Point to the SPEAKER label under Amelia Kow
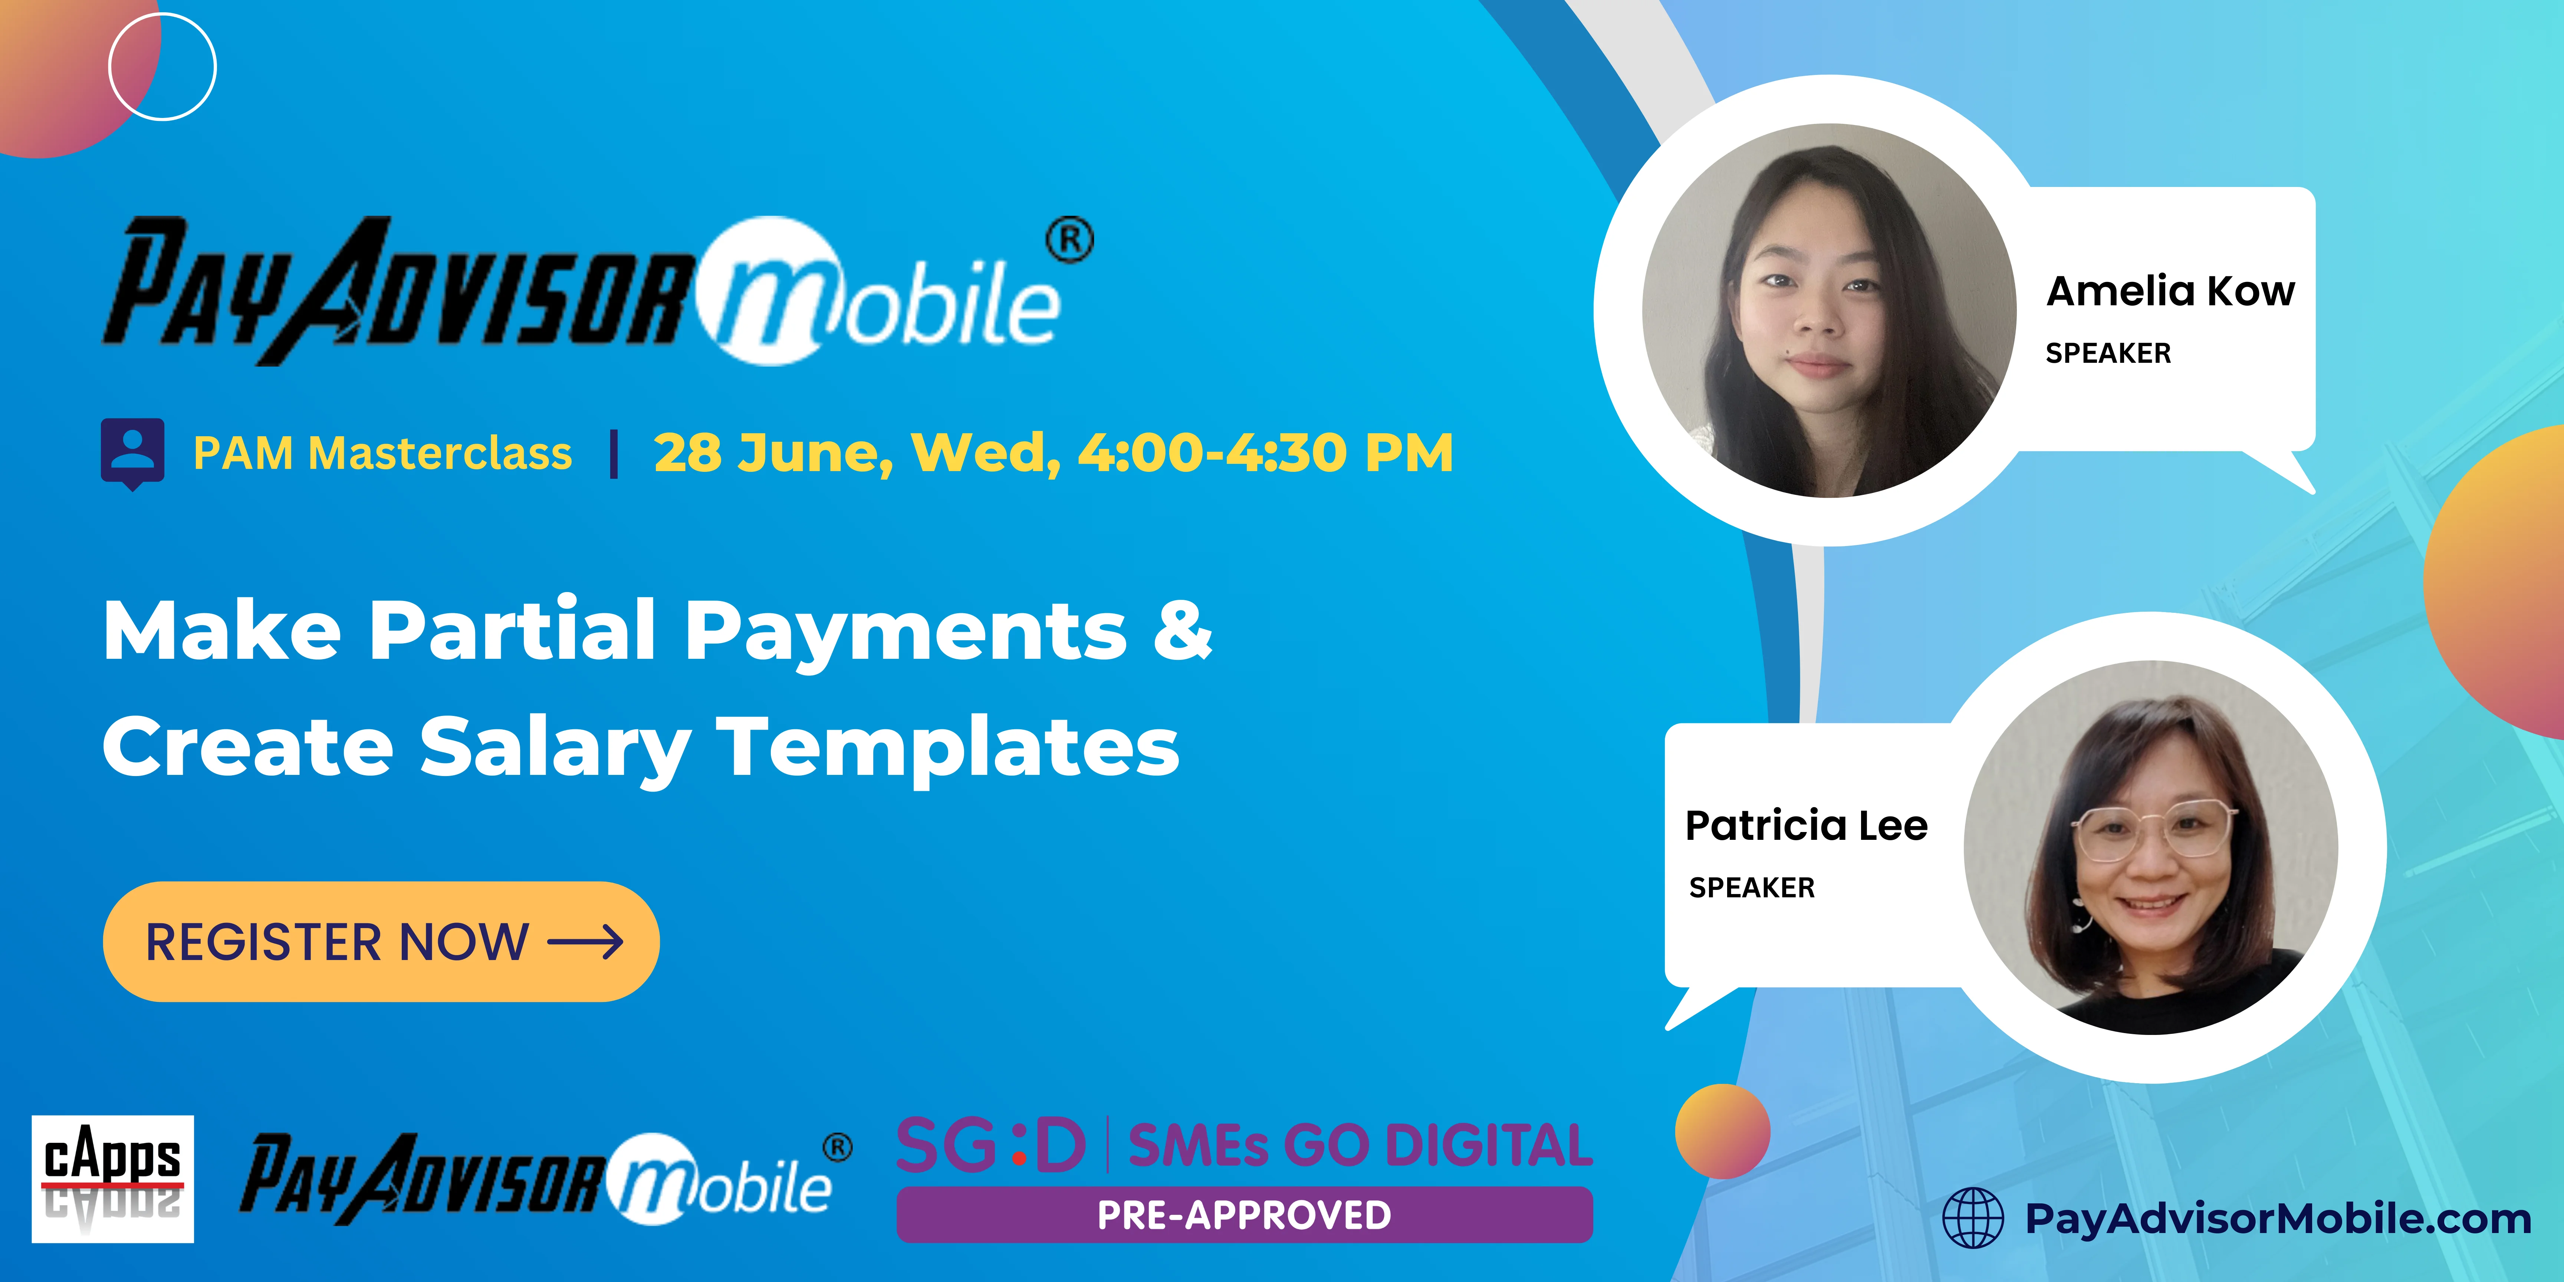click(x=2107, y=354)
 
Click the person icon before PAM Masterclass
click(x=132, y=453)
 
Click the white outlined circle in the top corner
click(x=162, y=67)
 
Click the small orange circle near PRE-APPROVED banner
click(x=1722, y=1132)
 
